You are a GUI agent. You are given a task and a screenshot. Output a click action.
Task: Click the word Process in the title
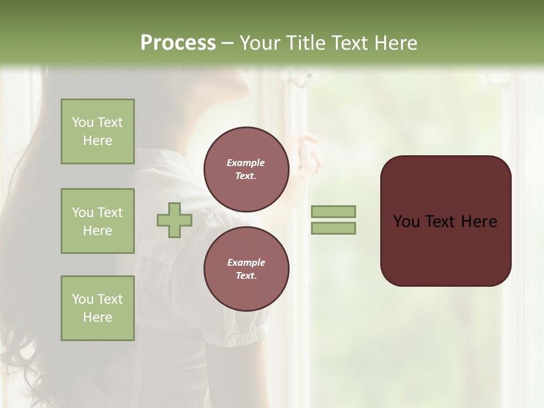(x=178, y=43)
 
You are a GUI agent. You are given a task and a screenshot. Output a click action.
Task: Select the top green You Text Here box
(x=97, y=131)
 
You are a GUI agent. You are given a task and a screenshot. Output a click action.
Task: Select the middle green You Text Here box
(x=97, y=221)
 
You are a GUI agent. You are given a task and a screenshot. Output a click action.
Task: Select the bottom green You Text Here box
(x=97, y=308)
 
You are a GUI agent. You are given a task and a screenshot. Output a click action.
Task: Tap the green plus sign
(x=175, y=220)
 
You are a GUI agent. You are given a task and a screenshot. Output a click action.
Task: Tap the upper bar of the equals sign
(x=333, y=211)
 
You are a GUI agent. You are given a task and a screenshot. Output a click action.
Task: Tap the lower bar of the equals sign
(x=333, y=228)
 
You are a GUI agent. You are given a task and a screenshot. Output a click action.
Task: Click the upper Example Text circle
(x=246, y=169)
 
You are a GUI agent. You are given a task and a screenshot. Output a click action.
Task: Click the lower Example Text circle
(x=246, y=269)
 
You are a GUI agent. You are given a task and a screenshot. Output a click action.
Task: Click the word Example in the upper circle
(x=246, y=163)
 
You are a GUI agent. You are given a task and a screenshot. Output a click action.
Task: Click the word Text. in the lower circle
(x=246, y=275)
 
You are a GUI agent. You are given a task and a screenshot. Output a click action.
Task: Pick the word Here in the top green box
(x=97, y=141)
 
